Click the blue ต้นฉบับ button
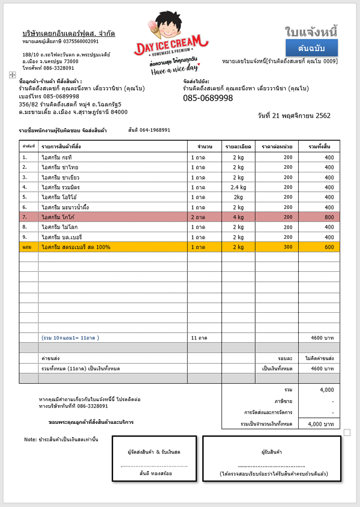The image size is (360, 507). click(x=311, y=49)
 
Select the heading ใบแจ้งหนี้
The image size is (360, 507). click(x=311, y=31)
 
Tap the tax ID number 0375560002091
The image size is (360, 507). click(x=81, y=42)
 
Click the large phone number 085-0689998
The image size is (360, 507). click(x=208, y=98)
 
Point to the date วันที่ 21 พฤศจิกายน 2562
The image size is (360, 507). click(x=294, y=116)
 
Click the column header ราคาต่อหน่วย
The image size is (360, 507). click(x=277, y=146)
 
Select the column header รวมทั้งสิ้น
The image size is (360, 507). click(x=319, y=146)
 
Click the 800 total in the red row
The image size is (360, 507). click(x=329, y=217)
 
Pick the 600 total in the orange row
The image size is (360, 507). click(x=329, y=247)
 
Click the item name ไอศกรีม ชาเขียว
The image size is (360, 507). click(x=60, y=177)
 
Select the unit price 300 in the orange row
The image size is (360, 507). click(x=287, y=247)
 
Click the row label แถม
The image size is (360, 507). click(x=27, y=247)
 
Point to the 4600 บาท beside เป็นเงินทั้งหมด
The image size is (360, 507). click(x=322, y=368)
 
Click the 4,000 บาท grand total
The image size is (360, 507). click(x=321, y=423)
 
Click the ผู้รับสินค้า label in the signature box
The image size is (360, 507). click(x=272, y=452)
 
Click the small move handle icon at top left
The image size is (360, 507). click(x=12, y=75)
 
